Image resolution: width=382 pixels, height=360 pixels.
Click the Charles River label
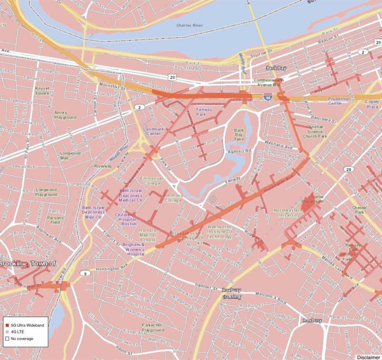click(189, 25)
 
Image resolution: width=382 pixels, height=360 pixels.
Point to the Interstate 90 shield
click(265, 97)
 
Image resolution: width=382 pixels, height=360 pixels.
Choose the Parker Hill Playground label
click(152, 327)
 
